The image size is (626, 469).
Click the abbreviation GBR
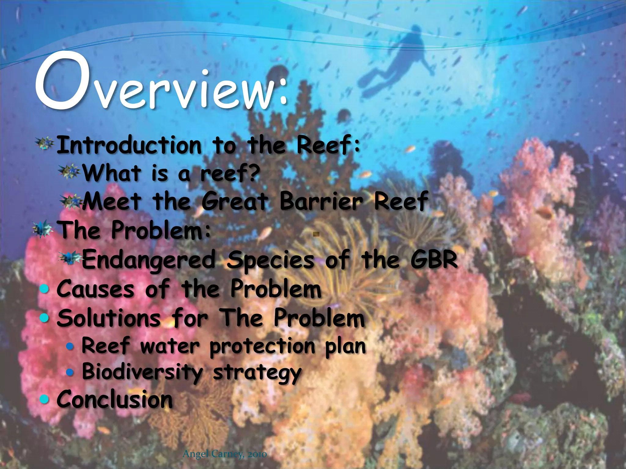pyautogui.click(x=434, y=259)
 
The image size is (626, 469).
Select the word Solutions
pyautogui.click(x=109, y=318)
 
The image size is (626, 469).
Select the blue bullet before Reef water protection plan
pyautogui.click(x=70, y=346)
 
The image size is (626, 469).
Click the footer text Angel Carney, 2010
pyautogui.click(x=224, y=454)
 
